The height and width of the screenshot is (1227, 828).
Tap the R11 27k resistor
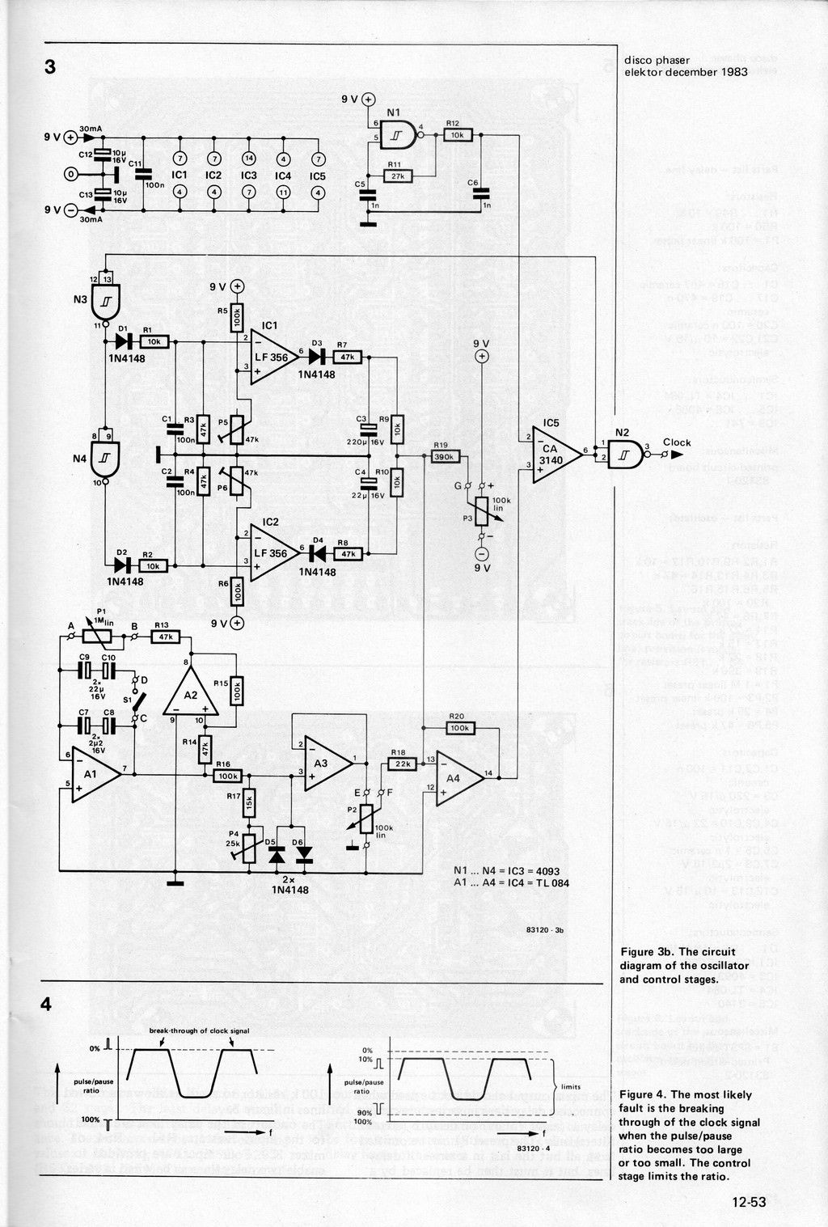(x=398, y=175)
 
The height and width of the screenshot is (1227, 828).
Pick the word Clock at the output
(x=677, y=442)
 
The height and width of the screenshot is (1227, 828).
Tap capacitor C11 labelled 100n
(x=143, y=174)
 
